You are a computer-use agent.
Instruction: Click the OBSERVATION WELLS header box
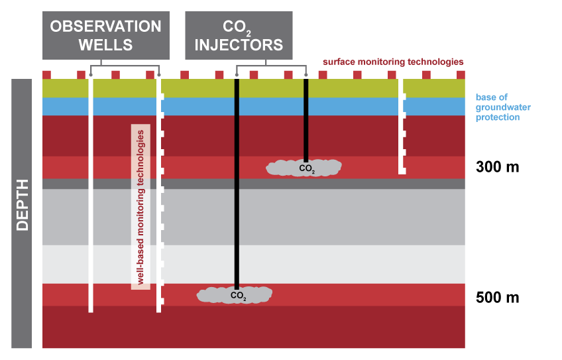click(106, 36)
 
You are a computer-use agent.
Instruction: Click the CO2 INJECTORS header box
click(234, 36)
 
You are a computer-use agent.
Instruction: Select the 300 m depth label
click(497, 166)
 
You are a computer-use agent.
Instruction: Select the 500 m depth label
click(497, 297)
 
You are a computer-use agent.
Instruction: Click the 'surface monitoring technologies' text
click(393, 62)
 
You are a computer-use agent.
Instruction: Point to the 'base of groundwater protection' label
click(503, 107)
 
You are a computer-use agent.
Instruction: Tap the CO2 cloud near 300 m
click(304, 168)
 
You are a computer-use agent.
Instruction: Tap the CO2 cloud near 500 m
click(235, 294)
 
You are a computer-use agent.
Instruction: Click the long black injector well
click(236, 199)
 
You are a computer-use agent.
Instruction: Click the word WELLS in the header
click(106, 45)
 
